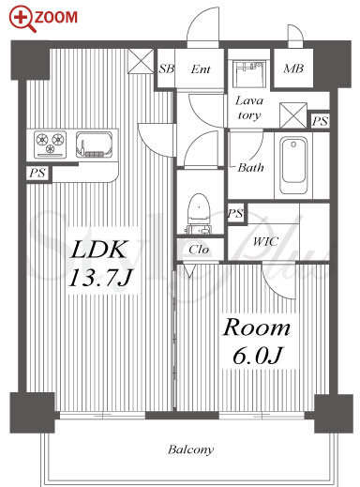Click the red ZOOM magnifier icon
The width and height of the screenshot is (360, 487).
pos(22,19)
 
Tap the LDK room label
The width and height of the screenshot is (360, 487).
pos(99,250)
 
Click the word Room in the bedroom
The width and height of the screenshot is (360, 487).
pos(256,327)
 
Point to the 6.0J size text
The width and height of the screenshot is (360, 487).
pos(258,356)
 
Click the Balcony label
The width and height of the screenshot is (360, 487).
pos(190,449)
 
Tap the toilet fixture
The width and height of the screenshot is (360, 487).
pos(198,213)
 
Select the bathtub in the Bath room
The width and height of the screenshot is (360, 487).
pos(293,165)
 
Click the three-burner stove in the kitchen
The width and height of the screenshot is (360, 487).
pos(50,145)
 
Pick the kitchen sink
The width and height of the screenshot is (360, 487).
pos(95,145)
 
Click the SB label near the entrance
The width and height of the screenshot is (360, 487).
pos(166,68)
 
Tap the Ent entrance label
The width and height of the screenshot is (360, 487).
pos(201,69)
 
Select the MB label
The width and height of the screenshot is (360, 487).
pos(293,68)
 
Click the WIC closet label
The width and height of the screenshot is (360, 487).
pos(265,241)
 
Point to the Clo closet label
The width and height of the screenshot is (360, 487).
pos(199,250)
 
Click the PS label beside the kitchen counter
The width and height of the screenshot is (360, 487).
pos(37,173)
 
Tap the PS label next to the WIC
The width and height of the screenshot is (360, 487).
pos(235,213)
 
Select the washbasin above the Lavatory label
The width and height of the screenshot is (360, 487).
pos(249,74)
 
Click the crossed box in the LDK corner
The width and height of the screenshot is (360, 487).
pos(141,61)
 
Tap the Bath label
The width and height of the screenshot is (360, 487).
pos(250,168)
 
